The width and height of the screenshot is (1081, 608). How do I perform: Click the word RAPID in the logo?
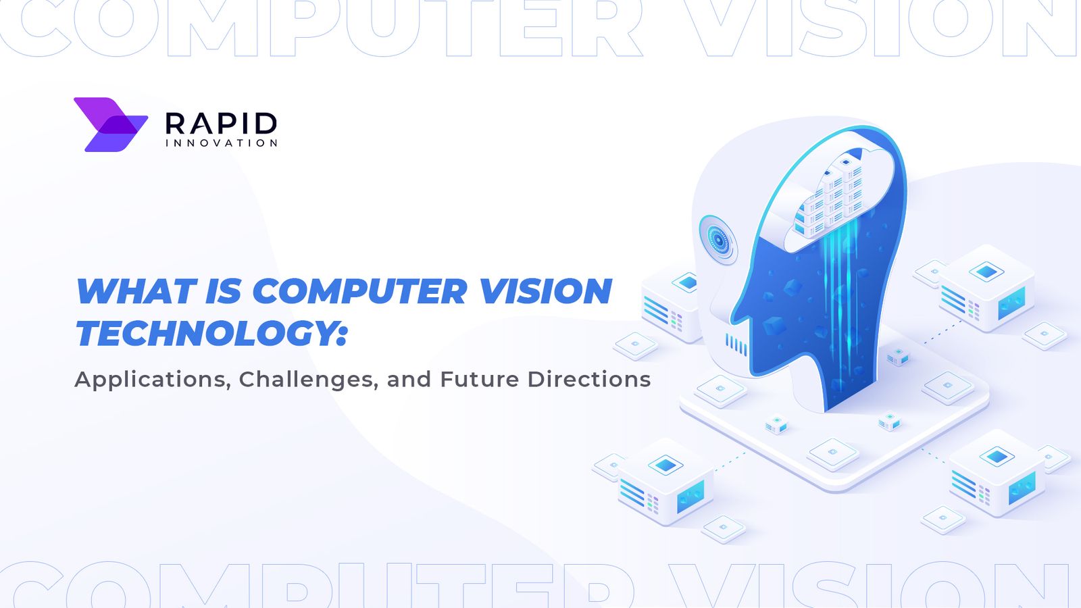[221, 124]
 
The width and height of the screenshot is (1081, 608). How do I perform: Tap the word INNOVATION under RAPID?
[221, 143]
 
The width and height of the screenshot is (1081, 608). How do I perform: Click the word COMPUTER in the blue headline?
[359, 292]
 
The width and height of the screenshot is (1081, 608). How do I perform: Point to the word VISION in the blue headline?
[545, 292]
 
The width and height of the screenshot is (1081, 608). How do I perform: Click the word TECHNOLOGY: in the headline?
[211, 334]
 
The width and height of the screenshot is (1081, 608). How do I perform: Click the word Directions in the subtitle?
[589, 379]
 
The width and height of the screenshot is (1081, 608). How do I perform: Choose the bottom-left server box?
[665, 481]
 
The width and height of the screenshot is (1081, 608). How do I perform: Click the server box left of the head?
[669, 304]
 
